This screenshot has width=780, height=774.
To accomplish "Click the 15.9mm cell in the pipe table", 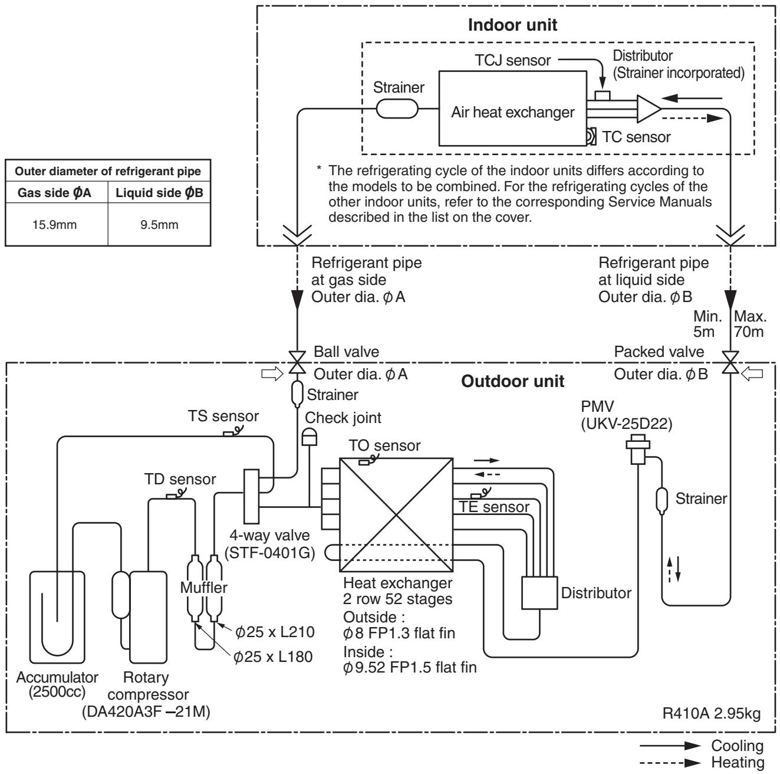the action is (55, 225).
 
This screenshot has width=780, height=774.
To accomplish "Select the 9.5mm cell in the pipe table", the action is (159, 225).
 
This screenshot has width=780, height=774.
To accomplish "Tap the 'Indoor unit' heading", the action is (512, 25).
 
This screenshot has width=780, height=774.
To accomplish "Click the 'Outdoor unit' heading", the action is (512, 381).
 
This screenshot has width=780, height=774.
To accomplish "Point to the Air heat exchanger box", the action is (512, 108).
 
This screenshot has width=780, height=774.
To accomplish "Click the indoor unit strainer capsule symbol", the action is (397, 109).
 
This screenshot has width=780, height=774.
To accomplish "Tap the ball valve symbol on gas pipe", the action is (298, 362).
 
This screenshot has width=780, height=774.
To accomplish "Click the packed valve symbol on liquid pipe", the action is (730, 362).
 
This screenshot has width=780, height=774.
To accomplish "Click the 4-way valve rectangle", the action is (251, 496).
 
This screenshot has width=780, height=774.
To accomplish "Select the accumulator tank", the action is (57, 617).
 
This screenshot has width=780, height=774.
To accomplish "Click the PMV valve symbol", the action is (637, 450).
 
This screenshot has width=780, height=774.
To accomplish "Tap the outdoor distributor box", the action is (539, 593).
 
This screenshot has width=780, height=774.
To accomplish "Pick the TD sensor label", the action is (180, 479).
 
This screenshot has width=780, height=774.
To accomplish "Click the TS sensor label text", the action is (223, 416).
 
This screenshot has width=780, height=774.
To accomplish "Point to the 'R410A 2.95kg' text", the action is (711, 713).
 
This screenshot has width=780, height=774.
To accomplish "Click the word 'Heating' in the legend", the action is (738, 762).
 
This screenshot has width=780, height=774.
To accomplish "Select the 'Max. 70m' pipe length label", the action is (750, 324).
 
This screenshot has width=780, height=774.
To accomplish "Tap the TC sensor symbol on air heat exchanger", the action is (591, 136).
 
